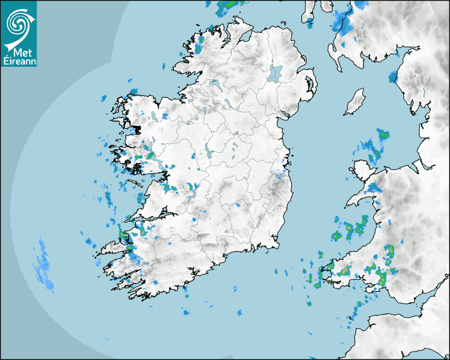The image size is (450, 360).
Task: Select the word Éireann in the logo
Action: tap(19, 61)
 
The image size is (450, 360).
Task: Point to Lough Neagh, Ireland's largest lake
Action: tap(275, 73)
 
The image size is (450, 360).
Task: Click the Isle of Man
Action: tap(355, 102)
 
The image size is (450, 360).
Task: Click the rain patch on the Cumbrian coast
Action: tap(393, 77)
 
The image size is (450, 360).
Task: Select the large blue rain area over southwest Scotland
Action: tap(345, 21)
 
